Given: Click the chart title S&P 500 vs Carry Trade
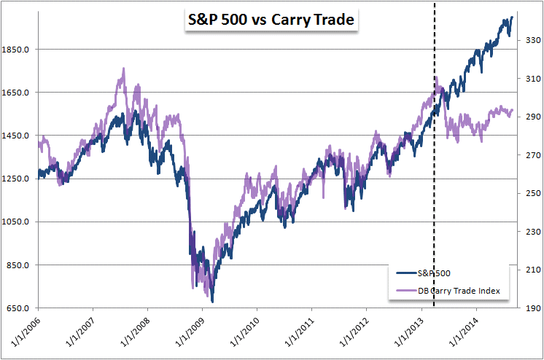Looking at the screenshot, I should tap(271, 20).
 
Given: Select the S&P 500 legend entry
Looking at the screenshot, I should tap(433, 273).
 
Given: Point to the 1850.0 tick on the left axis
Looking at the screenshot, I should tap(16, 50).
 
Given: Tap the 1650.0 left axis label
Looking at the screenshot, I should tap(16, 93).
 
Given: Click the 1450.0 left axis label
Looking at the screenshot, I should tap(16, 136).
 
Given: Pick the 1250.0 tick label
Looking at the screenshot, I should tap(16, 179).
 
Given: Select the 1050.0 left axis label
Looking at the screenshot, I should tap(16, 222).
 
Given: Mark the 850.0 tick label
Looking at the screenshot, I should tap(18, 265).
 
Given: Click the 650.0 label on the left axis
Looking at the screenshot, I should tap(18, 308).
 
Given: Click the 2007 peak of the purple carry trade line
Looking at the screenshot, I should tap(123, 69).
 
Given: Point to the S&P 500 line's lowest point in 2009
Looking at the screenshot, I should tap(212, 301).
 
